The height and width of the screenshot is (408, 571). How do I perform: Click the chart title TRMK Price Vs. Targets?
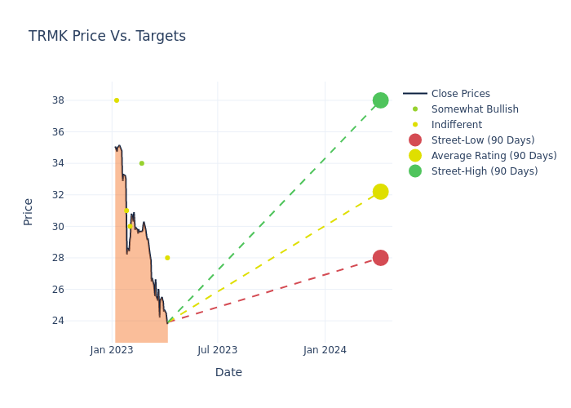point(107,36)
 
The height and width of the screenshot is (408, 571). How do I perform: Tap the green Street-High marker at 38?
point(380,100)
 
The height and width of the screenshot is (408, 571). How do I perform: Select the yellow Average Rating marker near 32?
point(380,192)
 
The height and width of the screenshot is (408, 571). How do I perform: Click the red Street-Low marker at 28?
point(380,258)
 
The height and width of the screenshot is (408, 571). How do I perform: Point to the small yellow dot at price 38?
point(117,100)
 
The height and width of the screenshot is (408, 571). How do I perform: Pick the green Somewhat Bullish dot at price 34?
point(141,163)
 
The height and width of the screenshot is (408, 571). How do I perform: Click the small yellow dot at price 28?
point(167,258)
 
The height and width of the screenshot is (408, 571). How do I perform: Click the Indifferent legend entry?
point(456,125)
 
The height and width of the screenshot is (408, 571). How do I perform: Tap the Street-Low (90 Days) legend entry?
point(483,140)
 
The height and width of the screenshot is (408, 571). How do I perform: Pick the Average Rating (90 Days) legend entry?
point(494,156)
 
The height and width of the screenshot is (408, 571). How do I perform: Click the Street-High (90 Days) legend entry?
point(485,171)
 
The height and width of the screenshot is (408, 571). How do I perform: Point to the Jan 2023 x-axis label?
point(112,350)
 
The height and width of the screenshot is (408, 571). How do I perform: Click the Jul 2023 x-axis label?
point(218,350)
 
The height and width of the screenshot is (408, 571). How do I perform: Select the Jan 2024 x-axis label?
point(325,350)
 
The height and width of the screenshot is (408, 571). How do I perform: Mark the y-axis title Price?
point(29,211)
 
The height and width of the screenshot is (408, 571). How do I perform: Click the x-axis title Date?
point(228,373)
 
